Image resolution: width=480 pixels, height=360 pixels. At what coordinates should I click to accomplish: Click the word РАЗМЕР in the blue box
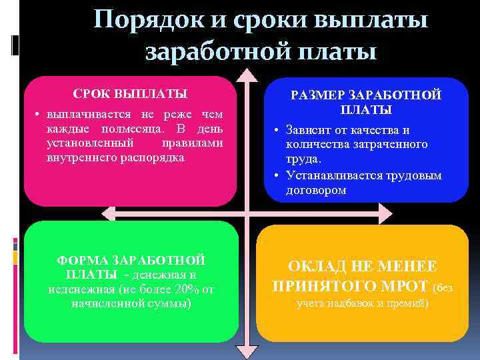tap(317, 95)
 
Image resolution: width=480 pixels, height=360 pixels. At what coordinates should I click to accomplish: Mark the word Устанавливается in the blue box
tap(334, 175)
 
